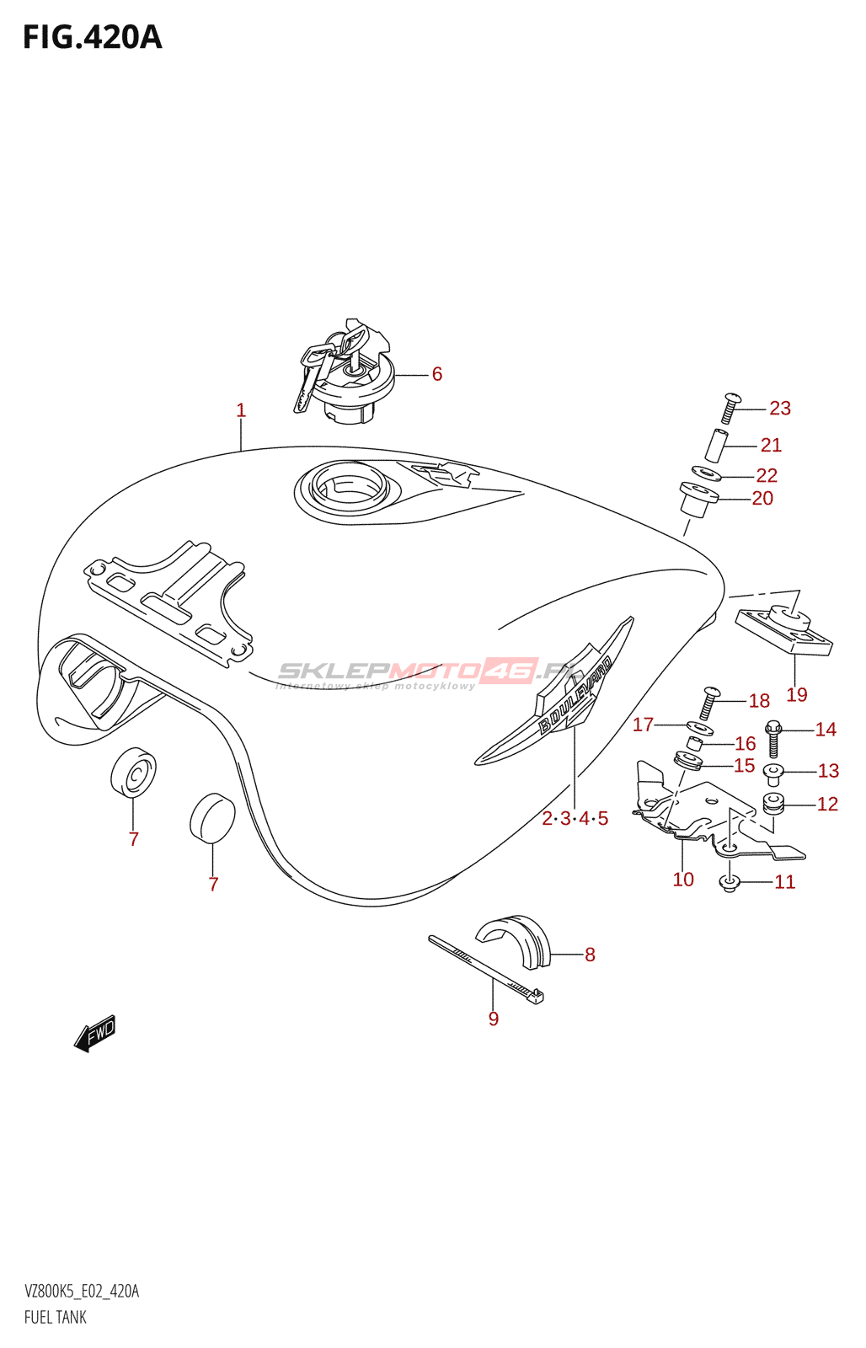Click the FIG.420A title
pyautogui.click(x=92, y=38)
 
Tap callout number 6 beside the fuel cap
pyautogui.click(x=436, y=374)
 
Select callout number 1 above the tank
pyautogui.click(x=241, y=410)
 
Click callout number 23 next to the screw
pyautogui.click(x=780, y=409)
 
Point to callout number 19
pyautogui.click(x=796, y=695)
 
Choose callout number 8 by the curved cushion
pyautogui.click(x=590, y=955)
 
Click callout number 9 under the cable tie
pyautogui.click(x=494, y=1019)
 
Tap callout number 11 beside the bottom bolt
pyautogui.click(x=784, y=882)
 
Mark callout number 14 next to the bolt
pyautogui.click(x=826, y=730)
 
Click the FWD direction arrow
pyautogui.click(x=95, y=1033)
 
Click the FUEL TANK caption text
pyautogui.click(x=56, y=1317)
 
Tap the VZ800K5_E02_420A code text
pyautogui.click(x=82, y=1292)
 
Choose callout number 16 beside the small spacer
pyautogui.click(x=745, y=744)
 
